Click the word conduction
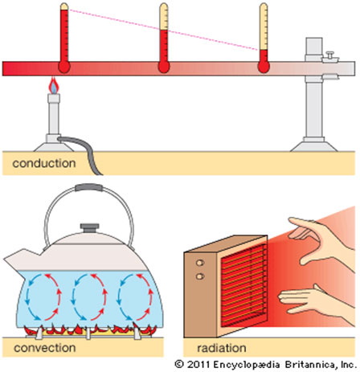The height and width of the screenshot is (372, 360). (44, 163)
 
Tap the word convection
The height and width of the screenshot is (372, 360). (45, 348)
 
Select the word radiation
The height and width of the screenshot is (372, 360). (222, 348)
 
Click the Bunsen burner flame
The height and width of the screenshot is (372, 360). (54, 85)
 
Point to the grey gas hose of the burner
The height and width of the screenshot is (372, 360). (82, 152)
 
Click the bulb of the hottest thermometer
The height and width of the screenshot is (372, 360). (64, 67)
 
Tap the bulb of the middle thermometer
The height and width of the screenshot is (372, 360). (164, 67)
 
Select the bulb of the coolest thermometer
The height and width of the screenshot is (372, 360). (264, 67)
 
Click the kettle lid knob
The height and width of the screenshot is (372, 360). (90, 228)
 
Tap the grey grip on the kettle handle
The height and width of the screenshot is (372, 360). (89, 187)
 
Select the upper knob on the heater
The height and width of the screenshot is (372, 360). (200, 263)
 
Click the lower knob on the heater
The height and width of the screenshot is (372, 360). (200, 276)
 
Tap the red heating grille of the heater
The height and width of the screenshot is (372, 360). (243, 284)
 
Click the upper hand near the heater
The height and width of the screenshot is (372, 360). (321, 241)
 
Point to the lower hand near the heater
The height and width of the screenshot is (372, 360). (316, 301)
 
